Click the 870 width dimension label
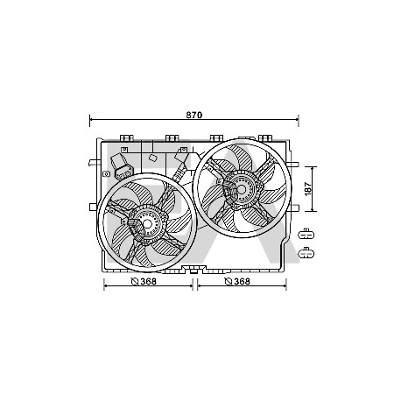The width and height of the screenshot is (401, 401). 194,115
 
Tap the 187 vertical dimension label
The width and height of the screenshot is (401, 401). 308,189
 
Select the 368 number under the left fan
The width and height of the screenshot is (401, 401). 149,281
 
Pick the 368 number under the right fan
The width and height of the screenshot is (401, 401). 242,281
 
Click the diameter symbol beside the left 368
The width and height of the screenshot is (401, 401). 135,282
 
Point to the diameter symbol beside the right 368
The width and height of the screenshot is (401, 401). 228,282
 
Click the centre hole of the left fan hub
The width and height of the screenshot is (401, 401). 148,224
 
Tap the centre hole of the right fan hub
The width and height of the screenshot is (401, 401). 242,189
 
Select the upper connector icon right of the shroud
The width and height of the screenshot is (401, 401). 306,235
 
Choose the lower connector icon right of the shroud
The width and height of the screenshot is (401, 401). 306,253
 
